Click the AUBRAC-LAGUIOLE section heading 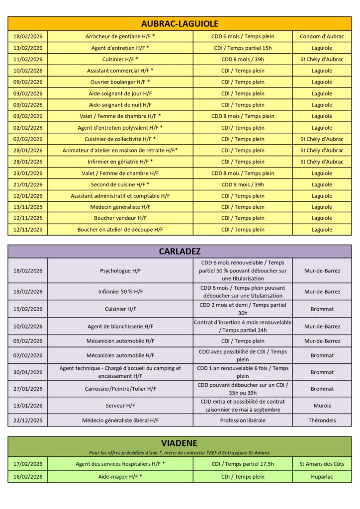(180, 23)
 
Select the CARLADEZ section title (180, 251)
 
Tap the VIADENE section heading (180, 442)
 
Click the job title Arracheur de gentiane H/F (120, 36)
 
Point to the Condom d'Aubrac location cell (322, 36)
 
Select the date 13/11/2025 (28, 207)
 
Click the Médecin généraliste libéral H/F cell (120, 420)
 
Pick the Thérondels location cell (322, 420)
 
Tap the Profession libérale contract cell (243, 420)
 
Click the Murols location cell (322, 406)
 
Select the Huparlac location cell (322, 476)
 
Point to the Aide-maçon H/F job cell (120, 476)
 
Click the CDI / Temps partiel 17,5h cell (243, 464)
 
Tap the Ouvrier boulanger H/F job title (120, 82)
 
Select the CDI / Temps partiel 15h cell (243, 48)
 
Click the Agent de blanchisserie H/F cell (120, 327)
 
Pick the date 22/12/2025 (28, 420)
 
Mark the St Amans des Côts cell (322, 464)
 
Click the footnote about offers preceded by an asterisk (180, 452)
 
